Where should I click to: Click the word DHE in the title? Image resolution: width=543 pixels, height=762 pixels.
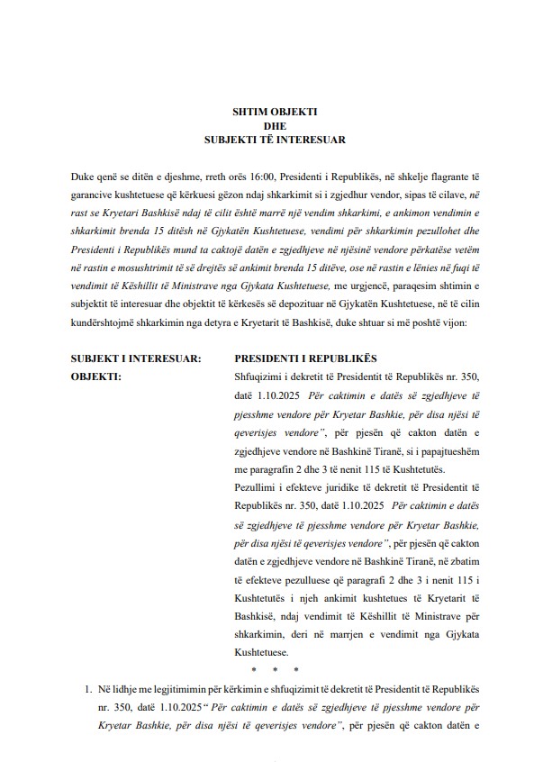pyautogui.click(x=273, y=125)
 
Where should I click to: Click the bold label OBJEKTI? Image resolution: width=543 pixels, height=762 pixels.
pyautogui.click(x=95, y=352)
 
